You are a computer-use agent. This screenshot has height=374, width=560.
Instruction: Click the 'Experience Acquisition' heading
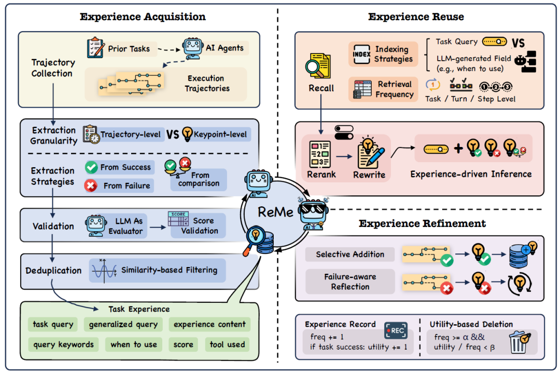coord(143,17)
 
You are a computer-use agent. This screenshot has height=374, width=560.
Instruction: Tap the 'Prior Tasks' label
coord(129,49)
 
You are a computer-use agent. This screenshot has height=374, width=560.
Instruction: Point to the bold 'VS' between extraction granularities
coord(173,135)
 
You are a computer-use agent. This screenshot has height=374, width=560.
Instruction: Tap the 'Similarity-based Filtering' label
coord(169,270)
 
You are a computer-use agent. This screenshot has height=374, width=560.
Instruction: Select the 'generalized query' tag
coord(123,325)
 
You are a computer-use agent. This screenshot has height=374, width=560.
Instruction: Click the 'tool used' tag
coord(227,344)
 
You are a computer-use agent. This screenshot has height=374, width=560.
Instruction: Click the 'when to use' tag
coord(133,344)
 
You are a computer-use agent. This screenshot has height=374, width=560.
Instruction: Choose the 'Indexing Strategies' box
coord(383,54)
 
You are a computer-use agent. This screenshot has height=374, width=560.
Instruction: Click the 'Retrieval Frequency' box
coord(383,89)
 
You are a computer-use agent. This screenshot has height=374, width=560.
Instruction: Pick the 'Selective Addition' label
coord(350,255)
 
